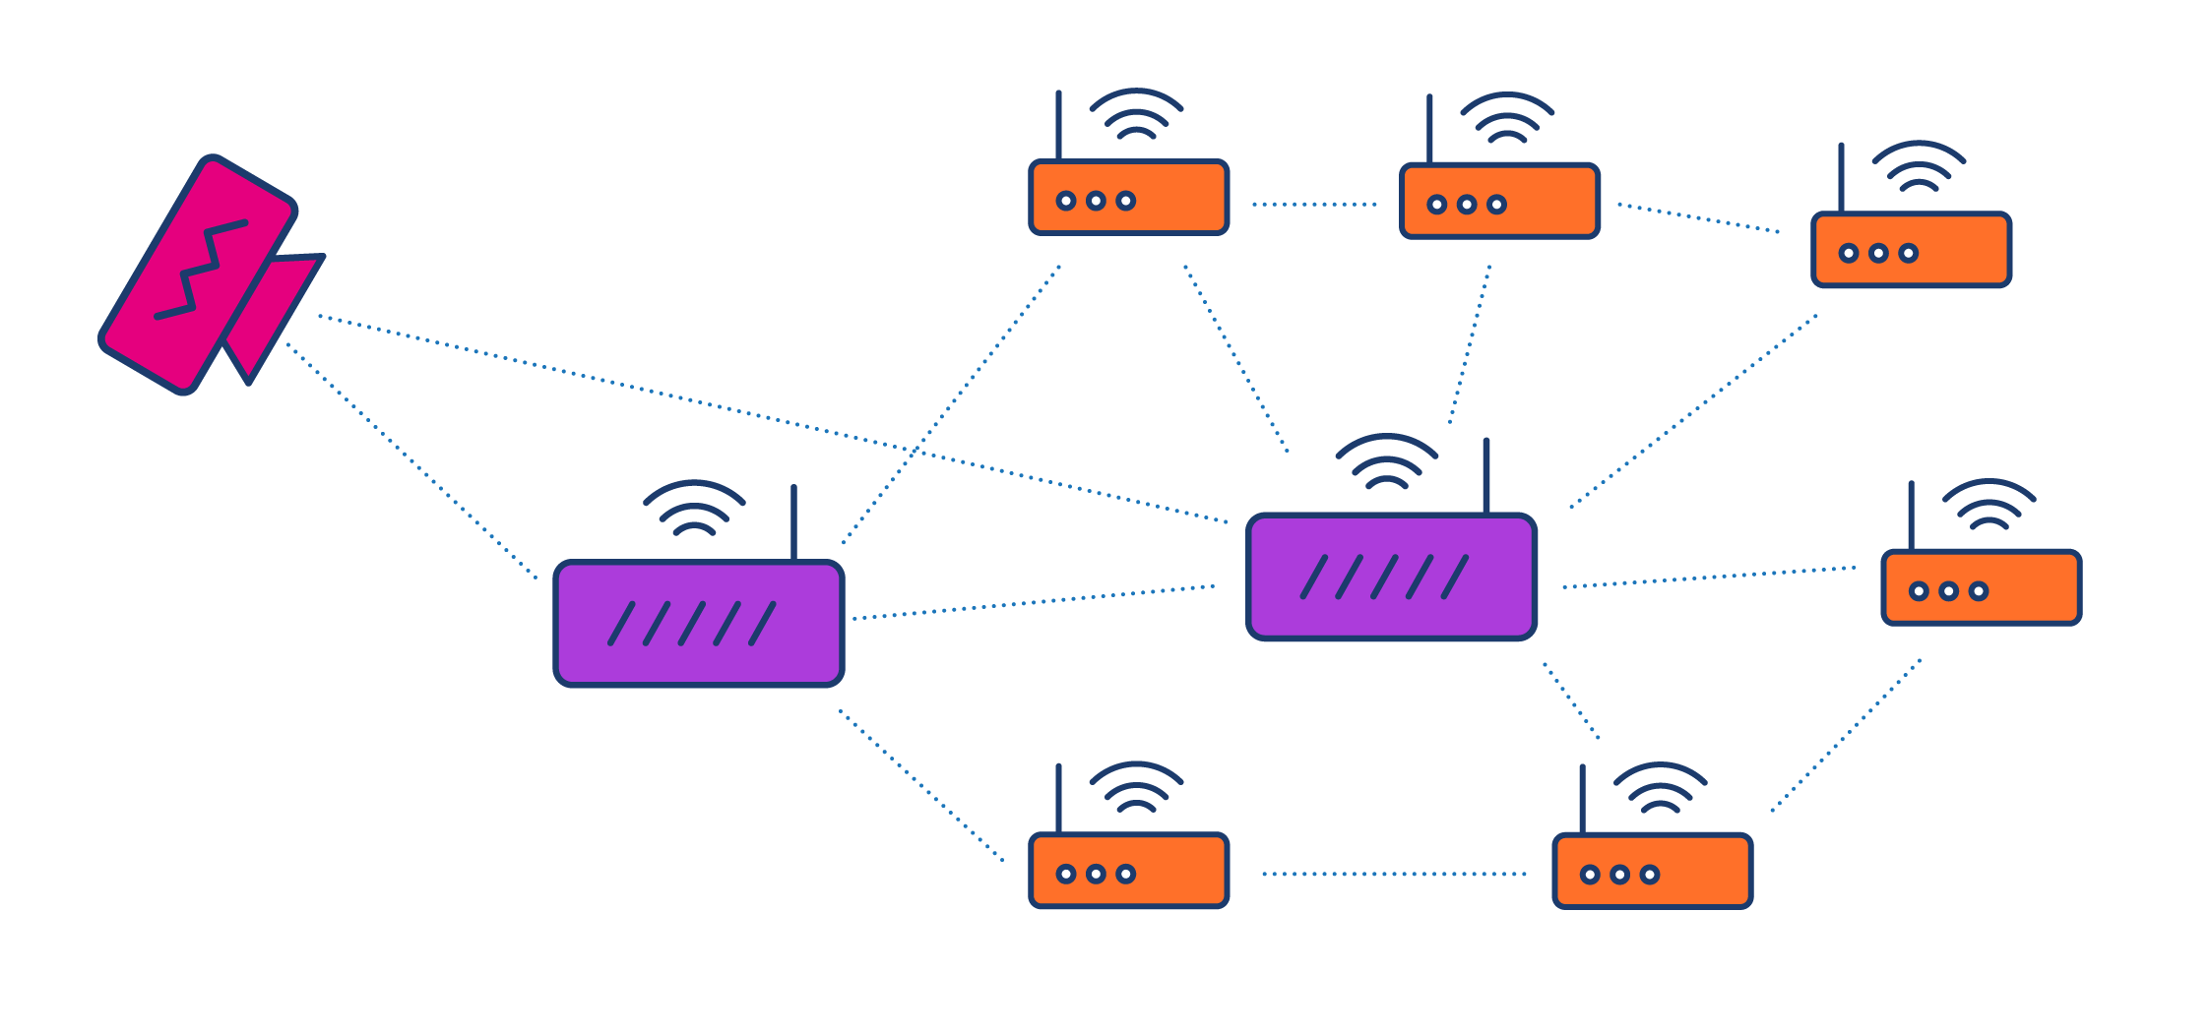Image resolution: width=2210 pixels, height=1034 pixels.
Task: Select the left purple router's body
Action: click(699, 659)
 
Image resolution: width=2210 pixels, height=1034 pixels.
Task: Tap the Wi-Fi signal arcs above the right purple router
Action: click(1386, 460)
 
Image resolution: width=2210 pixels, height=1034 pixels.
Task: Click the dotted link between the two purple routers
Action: click(1034, 602)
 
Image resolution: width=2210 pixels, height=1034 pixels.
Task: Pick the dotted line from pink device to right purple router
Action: click(768, 418)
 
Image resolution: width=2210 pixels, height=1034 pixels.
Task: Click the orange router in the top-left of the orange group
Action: click(1128, 198)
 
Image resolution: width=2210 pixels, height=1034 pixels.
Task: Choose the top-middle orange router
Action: click(1499, 202)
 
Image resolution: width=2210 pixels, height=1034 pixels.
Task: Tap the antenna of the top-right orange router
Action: click(1841, 177)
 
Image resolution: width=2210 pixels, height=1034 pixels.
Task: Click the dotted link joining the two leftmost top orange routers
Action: click(1314, 205)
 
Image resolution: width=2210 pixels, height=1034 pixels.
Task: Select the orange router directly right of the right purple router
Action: click(1981, 587)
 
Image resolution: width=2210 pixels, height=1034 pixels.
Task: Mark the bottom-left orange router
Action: click(1128, 871)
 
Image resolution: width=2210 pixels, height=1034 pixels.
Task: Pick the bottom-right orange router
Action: click(1652, 872)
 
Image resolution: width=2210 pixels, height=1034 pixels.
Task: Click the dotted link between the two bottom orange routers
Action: click(1393, 874)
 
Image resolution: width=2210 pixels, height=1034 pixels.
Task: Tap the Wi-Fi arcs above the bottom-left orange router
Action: click(1136, 787)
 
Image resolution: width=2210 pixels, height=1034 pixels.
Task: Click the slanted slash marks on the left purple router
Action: click(692, 624)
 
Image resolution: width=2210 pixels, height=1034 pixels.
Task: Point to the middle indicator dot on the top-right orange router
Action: click(1878, 254)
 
